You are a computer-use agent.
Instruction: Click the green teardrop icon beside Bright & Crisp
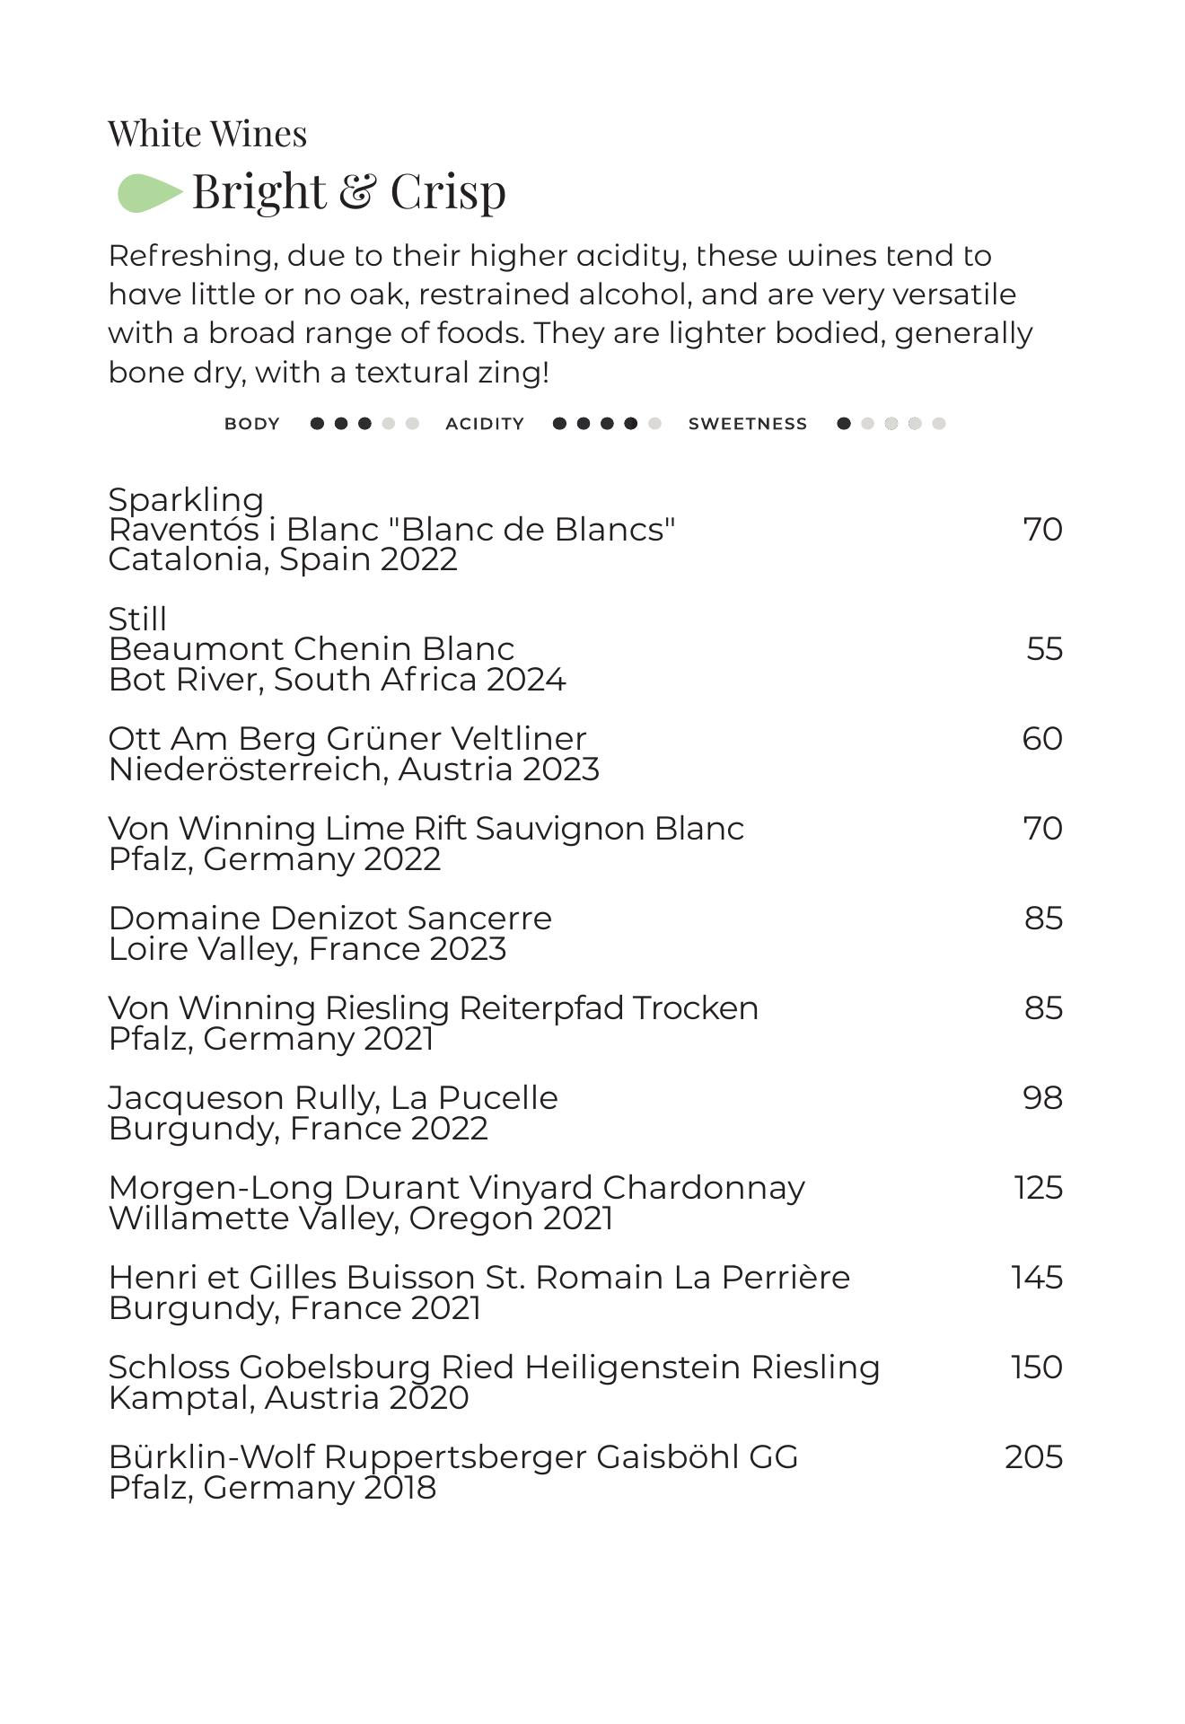149,193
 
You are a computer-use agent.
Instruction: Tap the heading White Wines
207,134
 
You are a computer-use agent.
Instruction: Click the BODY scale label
252,424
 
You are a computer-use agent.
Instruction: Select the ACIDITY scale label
485,424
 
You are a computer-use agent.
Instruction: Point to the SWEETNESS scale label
748,424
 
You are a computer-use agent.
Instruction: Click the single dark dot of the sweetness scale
844,424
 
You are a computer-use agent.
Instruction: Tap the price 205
1033,1456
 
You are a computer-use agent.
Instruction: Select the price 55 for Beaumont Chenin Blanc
1044,648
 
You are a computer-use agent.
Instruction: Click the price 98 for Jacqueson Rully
1042,1097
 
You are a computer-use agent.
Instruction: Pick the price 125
1038,1187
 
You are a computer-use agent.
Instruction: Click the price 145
1037,1277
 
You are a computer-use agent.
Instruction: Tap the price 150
1037,1367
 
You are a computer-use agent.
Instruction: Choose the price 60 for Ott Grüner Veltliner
1042,738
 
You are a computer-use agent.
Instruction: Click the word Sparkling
186,500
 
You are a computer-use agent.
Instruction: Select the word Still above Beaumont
137,619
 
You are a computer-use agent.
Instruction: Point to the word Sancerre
479,918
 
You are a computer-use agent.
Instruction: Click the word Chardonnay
704,1187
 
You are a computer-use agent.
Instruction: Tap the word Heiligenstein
633,1368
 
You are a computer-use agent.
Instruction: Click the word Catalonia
189,559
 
